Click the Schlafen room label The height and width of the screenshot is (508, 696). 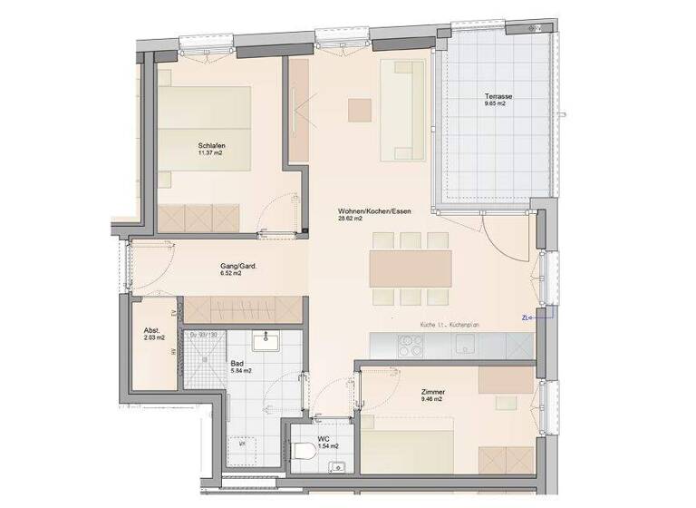(x=211, y=145)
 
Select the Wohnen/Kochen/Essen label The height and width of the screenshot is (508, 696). (x=374, y=210)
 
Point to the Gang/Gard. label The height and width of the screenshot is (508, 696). (x=238, y=266)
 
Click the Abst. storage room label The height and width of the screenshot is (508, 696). (x=153, y=331)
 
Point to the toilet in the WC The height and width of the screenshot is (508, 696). (x=303, y=450)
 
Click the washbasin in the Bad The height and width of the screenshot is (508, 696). (x=267, y=343)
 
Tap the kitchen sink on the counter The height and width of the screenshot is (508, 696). (x=464, y=344)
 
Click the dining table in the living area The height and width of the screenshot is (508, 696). (x=410, y=267)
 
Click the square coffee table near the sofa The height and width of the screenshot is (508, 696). (x=360, y=108)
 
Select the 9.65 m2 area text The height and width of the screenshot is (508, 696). (x=494, y=104)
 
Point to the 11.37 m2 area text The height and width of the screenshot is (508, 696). (x=211, y=153)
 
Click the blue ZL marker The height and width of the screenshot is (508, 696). (x=527, y=317)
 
